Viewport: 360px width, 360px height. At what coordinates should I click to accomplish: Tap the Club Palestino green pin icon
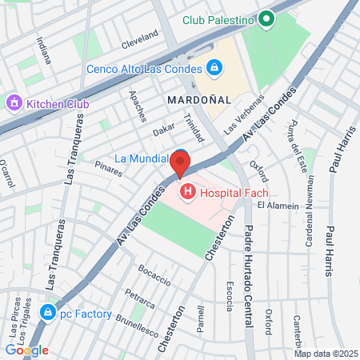[x=267, y=20]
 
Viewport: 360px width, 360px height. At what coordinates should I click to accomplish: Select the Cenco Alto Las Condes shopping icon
[x=213, y=69]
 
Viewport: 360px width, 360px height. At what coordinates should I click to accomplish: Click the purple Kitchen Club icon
[x=13, y=103]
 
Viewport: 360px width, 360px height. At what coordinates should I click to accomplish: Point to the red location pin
[x=181, y=165]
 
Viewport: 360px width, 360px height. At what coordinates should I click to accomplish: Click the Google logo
[x=26, y=350]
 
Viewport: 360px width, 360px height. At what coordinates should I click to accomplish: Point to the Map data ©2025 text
[x=325, y=354]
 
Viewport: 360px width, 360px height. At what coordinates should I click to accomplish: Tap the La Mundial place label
[x=142, y=158]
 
